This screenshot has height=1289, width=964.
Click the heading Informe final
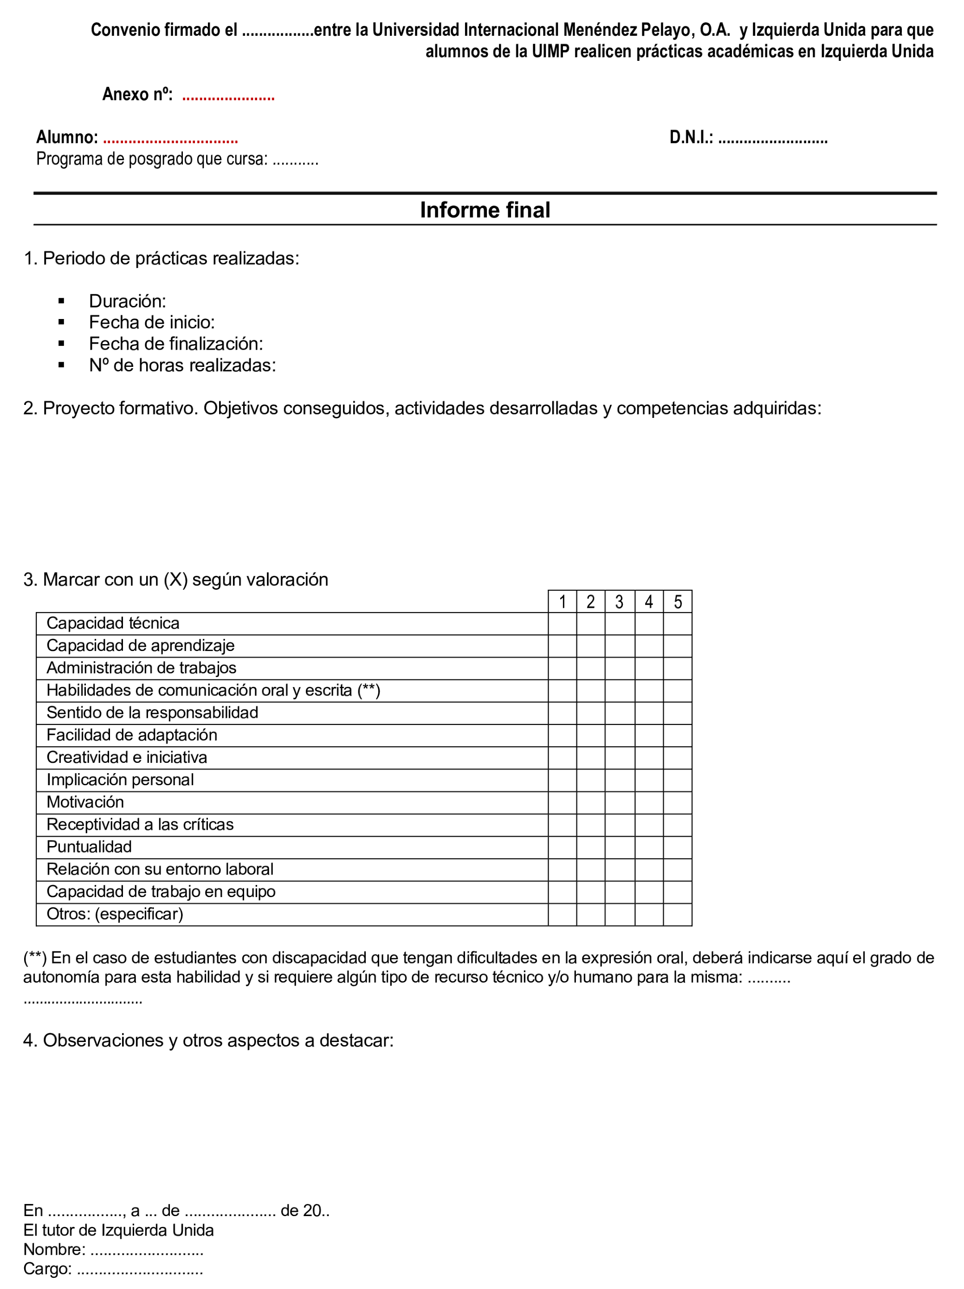[x=485, y=210]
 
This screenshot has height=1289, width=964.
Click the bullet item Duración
[x=127, y=301]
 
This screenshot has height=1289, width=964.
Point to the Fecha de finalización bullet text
[x=175, y=344]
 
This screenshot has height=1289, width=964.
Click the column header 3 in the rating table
[x=619, y=602]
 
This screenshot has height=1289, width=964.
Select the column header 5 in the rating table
[x=678, y=602]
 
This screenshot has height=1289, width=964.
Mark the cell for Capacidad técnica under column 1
[x=562, y=624]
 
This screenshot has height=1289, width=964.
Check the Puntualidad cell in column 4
[x=648, y=847]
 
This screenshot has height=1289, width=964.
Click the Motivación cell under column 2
[x=591, y=802]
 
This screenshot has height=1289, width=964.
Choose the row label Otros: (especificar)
[x=115, y=914]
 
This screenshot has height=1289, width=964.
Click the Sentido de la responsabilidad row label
[x=152, y=713]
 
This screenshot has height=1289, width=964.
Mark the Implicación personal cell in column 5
[x=678, y=780]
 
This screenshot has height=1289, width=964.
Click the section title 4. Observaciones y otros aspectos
[x=208, y=1041]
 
